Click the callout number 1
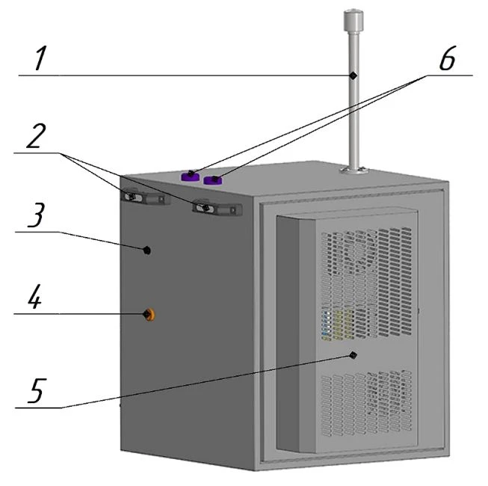click(40, 58)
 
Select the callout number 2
click(37, 136)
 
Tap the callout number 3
click(36, 215)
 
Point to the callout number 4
click(35, 297)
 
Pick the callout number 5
click(37, 390)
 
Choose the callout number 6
click(448, 58)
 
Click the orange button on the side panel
click(149, 315)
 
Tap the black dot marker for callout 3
click(147, 250)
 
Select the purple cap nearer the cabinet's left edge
click(190, 176)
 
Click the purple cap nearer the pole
click(212, 179)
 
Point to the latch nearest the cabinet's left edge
click(145, 197)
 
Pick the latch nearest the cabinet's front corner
click(217, 208)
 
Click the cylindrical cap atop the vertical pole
click(353, 20)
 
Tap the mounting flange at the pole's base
click(354, 170)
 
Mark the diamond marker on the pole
click(353, 76)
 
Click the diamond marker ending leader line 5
click(353, 355)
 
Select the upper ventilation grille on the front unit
click(366, 283)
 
